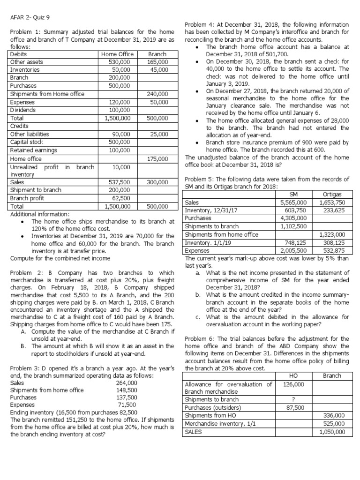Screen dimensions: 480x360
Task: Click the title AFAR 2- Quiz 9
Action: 30,19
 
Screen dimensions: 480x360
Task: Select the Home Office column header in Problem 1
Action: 117,54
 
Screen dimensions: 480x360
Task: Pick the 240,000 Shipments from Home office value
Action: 157,94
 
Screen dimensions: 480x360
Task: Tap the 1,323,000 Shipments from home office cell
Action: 332,234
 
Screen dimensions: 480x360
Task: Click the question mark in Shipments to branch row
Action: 293,399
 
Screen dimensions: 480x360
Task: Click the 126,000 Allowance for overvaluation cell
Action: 293,384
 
